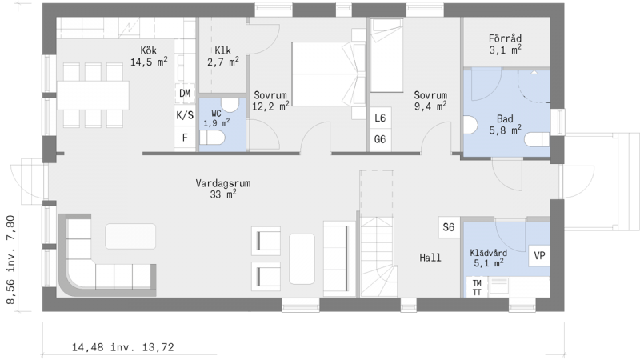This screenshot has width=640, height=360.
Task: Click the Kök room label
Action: click(149, 56)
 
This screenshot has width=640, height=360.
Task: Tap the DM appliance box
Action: click(185, 94)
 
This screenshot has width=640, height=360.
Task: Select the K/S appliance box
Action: click(185, 115)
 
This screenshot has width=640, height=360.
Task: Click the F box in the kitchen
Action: click(185, 138)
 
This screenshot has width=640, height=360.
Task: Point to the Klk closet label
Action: click(223, 56)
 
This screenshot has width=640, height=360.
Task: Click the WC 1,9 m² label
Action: click(216, 118)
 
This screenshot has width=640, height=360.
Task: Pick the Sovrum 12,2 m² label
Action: click(270, 101)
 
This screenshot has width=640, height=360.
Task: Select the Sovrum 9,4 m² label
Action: click(430, 101)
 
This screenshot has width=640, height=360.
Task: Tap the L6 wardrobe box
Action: click(380, 118)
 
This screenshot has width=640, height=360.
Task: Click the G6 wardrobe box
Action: click(380, 139)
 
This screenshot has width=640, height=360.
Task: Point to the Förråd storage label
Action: click(506, 44)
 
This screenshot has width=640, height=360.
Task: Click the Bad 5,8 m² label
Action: click(506, 125)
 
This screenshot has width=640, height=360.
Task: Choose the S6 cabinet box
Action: click(449, 227)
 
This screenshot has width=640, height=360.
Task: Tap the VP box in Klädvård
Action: click(539, 256)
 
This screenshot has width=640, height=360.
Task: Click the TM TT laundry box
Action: click(477, 287)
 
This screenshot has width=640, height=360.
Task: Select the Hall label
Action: click(430, 258)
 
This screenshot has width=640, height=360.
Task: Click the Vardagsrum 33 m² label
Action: click(223, 189)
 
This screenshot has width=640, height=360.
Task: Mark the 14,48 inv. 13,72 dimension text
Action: click(123, 347)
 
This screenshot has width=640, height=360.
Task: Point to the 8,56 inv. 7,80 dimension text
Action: click(10, 260)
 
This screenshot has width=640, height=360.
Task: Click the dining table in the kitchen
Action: click(93, 95)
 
